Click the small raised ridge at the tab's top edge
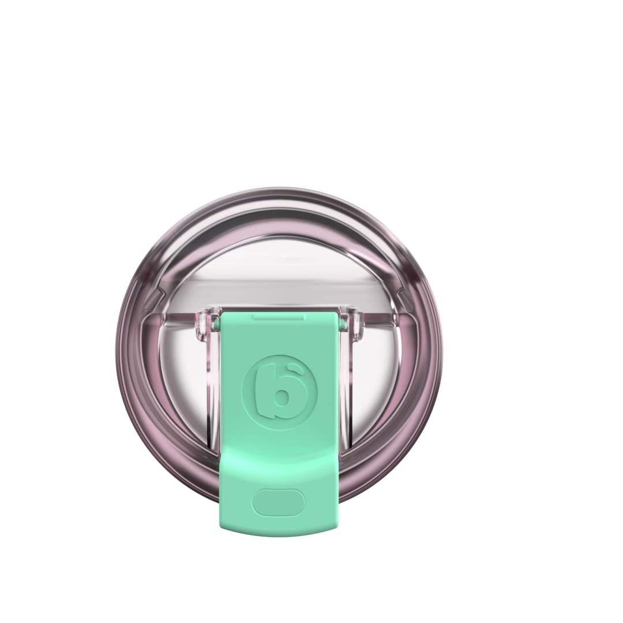tap(279, 316)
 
